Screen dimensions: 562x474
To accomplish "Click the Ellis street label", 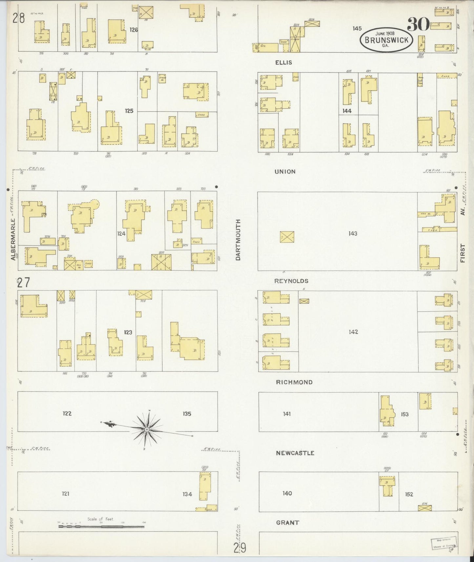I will (283, 62).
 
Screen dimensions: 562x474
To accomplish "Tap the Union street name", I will (285, 171).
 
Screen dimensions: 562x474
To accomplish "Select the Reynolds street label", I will (291, 281).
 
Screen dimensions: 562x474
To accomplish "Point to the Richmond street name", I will (294, 382).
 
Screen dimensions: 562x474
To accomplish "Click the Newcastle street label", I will (295, 453).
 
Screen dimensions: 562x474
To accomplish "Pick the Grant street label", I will (287, 523).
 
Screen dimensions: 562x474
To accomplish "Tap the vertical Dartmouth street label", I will (238, 240).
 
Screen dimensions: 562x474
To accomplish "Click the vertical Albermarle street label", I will (13, 239).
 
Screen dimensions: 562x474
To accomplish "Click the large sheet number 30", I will (418, 25).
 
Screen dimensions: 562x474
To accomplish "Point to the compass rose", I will (147, 429).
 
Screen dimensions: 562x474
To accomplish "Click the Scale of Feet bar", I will (101, 526).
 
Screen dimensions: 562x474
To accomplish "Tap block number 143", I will (353, 233).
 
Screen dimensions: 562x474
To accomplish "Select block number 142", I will (353, 332).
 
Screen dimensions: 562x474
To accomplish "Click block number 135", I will (187, 414).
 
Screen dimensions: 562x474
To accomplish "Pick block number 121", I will (66, 493).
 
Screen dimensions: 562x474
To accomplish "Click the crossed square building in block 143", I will (287, 237).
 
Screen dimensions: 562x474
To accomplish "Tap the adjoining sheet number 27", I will (23, 282).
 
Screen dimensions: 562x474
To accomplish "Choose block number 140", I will (287, 493).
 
